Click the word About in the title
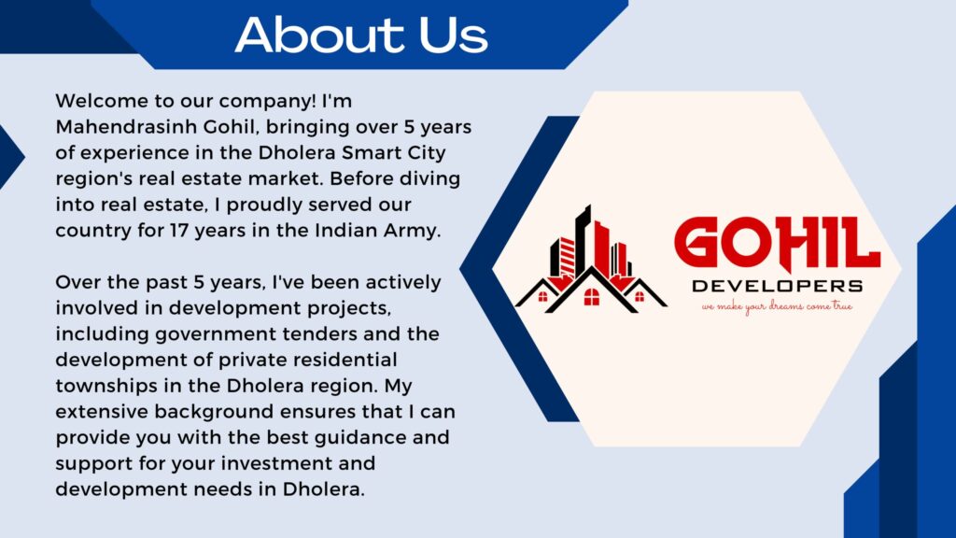click(320, 35)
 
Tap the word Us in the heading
click(453, 35)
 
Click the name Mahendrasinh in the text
click(126, 127)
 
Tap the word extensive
click(102, 412)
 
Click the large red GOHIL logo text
click(778, 244)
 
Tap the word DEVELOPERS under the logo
click(778, 286)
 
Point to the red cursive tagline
click(777, 306)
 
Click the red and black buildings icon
click(590, 260)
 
